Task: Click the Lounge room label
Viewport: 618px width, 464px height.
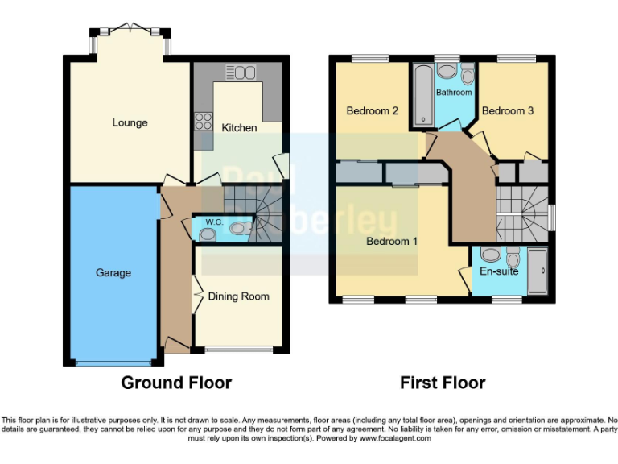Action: [x=130, y=122]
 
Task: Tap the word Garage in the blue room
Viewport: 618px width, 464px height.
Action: [x=113, y=272]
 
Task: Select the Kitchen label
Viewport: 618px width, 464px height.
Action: [x=239, y=127]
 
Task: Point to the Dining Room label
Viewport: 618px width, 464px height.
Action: [x=238, y=296]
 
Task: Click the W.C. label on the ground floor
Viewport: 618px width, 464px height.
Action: [x=214, y=222]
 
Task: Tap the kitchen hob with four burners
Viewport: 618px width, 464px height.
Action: [x=203, y=122]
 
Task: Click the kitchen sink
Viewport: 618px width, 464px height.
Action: [x=240, y=73]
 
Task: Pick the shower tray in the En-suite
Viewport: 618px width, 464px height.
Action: [x=538, y=271]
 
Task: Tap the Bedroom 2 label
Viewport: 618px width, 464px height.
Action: [x=373, y=110]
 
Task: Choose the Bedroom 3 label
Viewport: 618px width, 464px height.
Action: [x=507, y=110]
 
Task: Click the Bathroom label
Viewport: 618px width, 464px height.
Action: [x=454, y=93]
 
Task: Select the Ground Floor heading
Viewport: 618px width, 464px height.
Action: [x=176, y=383]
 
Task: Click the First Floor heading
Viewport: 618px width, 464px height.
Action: [x=443, y=383]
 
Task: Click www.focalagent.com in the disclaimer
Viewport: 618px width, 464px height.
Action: [x=395, y=438]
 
